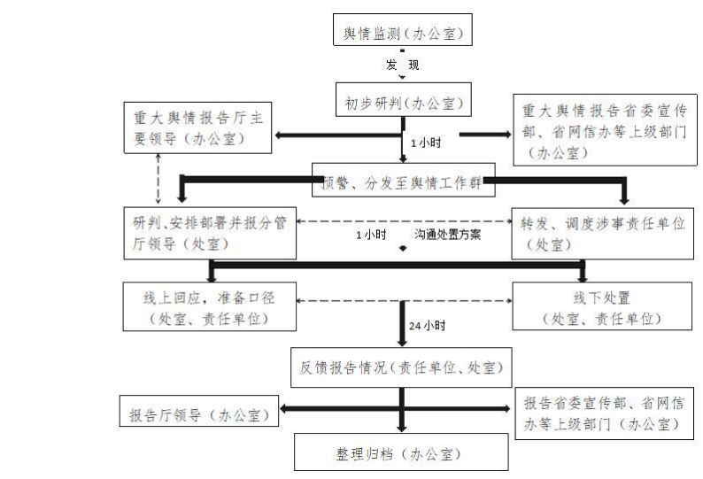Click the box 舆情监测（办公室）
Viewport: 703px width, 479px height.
click(403, 34)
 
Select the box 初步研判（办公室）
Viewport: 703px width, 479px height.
click(403, 99)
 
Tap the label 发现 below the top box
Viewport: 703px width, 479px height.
click(402, 66)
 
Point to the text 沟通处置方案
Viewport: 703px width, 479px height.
click(447, 236)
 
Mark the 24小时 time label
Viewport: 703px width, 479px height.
click(428, 326)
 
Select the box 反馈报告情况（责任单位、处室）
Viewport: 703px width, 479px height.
click(403, 366)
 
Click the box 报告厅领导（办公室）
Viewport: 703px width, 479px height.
click(199, 413)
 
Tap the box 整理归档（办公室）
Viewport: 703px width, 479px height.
click(403, 454)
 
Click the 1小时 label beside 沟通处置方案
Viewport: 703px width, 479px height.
click(370, 236)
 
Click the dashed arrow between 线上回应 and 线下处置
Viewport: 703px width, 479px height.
click(403, 302)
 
